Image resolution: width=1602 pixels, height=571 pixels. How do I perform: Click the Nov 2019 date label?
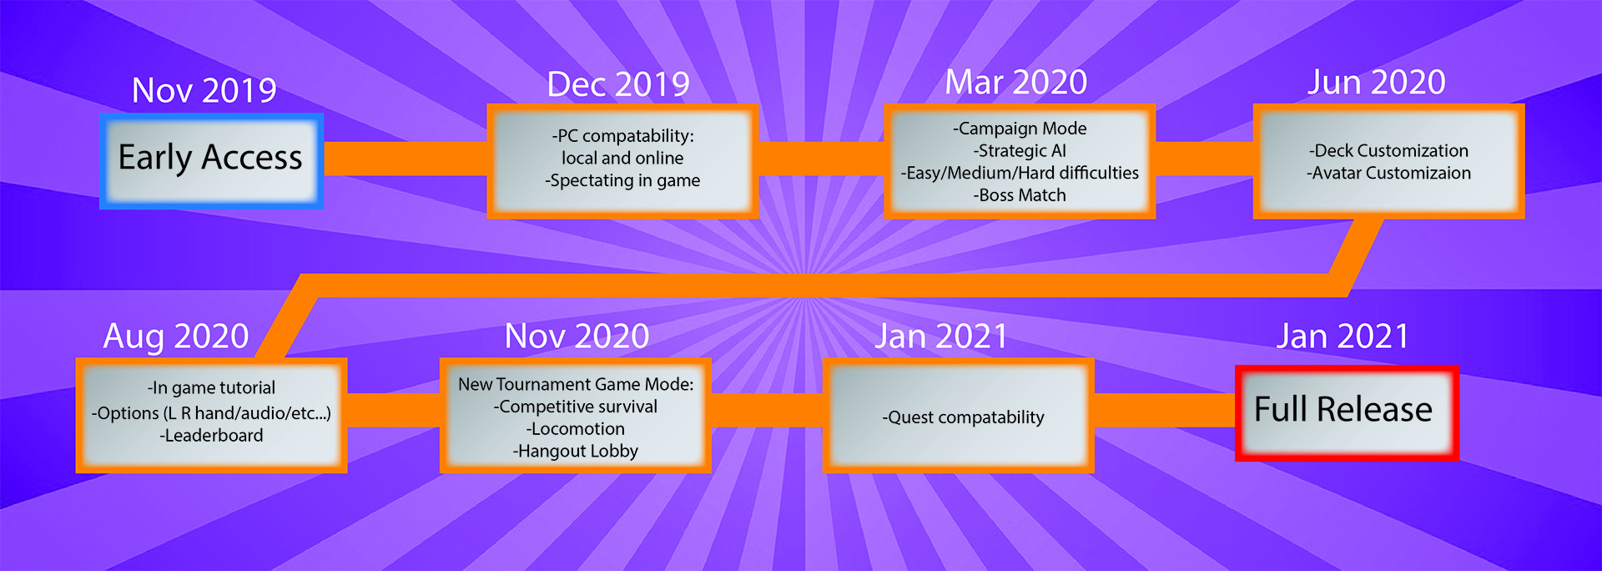tap(204, 90)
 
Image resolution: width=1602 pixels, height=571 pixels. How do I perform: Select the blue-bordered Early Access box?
tap(211, 161)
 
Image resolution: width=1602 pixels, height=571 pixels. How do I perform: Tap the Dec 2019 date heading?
tap(618, 84)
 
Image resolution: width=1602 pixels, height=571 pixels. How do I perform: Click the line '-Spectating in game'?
tap(622, 181)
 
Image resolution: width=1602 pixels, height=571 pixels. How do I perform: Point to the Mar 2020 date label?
tap(1016, 83)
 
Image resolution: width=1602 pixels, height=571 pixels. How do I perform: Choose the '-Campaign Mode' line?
tap(1020, 129)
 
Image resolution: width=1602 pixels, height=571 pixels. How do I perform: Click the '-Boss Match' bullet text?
tap(1020, 195)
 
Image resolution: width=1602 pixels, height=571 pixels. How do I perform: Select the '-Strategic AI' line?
tap(1020, 151)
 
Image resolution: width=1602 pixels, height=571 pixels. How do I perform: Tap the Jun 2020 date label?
tap(1377, 83)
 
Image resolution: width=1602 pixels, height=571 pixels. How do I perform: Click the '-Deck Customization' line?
tap(1388, 151)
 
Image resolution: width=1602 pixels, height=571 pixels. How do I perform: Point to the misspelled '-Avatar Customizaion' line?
tap(1388, 174)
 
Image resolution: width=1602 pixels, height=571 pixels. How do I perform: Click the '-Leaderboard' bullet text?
tap(211, 436)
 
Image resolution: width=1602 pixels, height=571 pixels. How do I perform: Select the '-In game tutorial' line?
tap(211, 388)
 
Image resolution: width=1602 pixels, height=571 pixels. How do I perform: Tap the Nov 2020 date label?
tap(577, 336)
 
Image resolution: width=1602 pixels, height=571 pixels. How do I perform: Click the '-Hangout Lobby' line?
tap(575, 452)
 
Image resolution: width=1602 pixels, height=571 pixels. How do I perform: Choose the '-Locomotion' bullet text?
tap(575, 429)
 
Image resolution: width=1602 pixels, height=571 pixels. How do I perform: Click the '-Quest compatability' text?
tap(963, 417)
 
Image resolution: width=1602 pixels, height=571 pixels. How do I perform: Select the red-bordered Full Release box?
tap(1347, 413)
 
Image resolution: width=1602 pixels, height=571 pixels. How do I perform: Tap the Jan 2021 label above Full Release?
tap(1343, 336)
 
